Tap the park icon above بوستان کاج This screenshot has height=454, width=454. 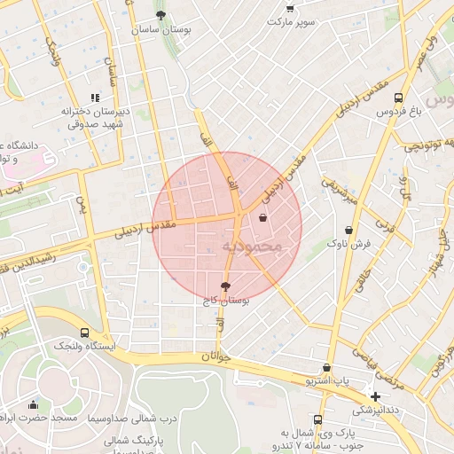pyautogui.click(x=224, y=286)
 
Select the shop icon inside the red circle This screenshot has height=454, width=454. pyautogui.click(x=262, y=217)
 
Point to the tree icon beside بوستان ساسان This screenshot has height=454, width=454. pyautogui.click(x=160, y=15)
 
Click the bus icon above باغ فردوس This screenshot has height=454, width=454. pyautogui.click(x=398, y=98)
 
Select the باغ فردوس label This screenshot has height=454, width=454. pyautogui.click(x=397, y=113)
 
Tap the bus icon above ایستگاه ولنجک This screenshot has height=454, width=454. pyautogui.click(x=59, y=331)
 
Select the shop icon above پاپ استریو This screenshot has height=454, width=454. pyautogui.click(x=327, y=367)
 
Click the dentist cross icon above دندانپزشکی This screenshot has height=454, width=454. pyautogui.click(x=376, y=396)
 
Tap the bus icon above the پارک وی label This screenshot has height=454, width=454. pyautogui.click(x=317, y=420)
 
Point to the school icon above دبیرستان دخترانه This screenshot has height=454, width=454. pyautogui.click(x=95, y=98)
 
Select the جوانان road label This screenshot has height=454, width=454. pyautogui.click(x=215, y=356)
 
